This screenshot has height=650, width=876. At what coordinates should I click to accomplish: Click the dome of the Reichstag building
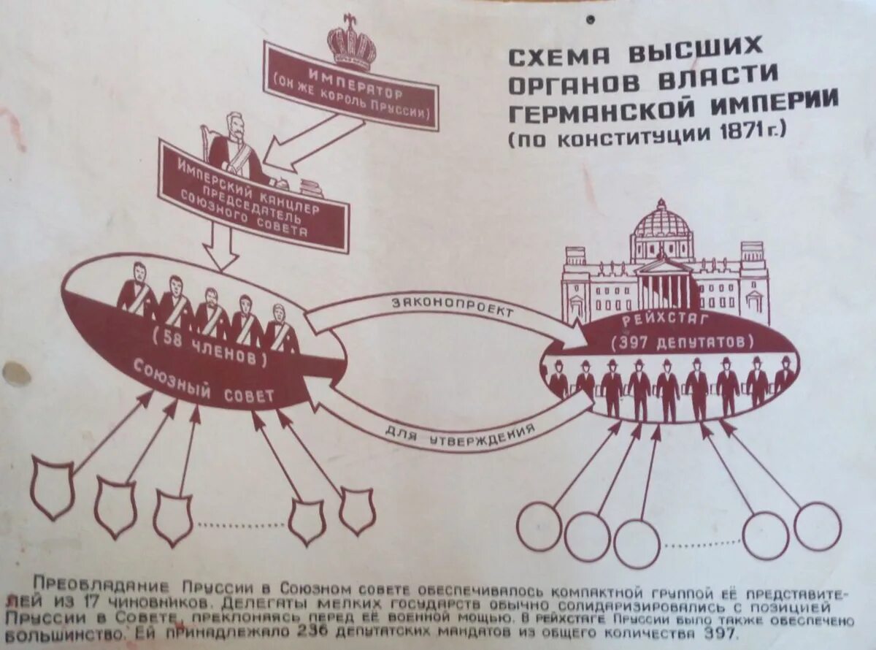tap(663, 223)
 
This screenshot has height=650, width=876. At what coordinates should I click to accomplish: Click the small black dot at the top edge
tap(591, 20)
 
